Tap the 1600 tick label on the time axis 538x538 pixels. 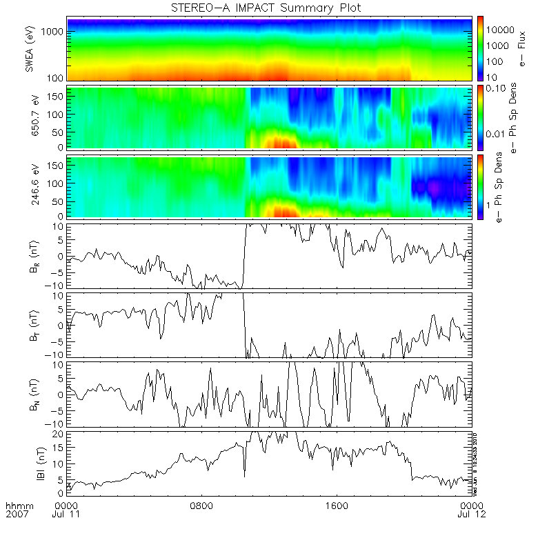[337, 506]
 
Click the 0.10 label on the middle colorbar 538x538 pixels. [497, 89]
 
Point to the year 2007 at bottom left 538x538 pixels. [15, 515]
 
